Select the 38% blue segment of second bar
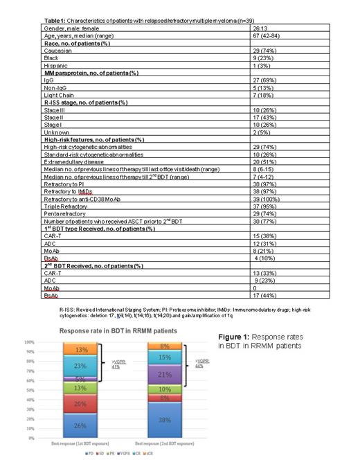click(x=164, y=420)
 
